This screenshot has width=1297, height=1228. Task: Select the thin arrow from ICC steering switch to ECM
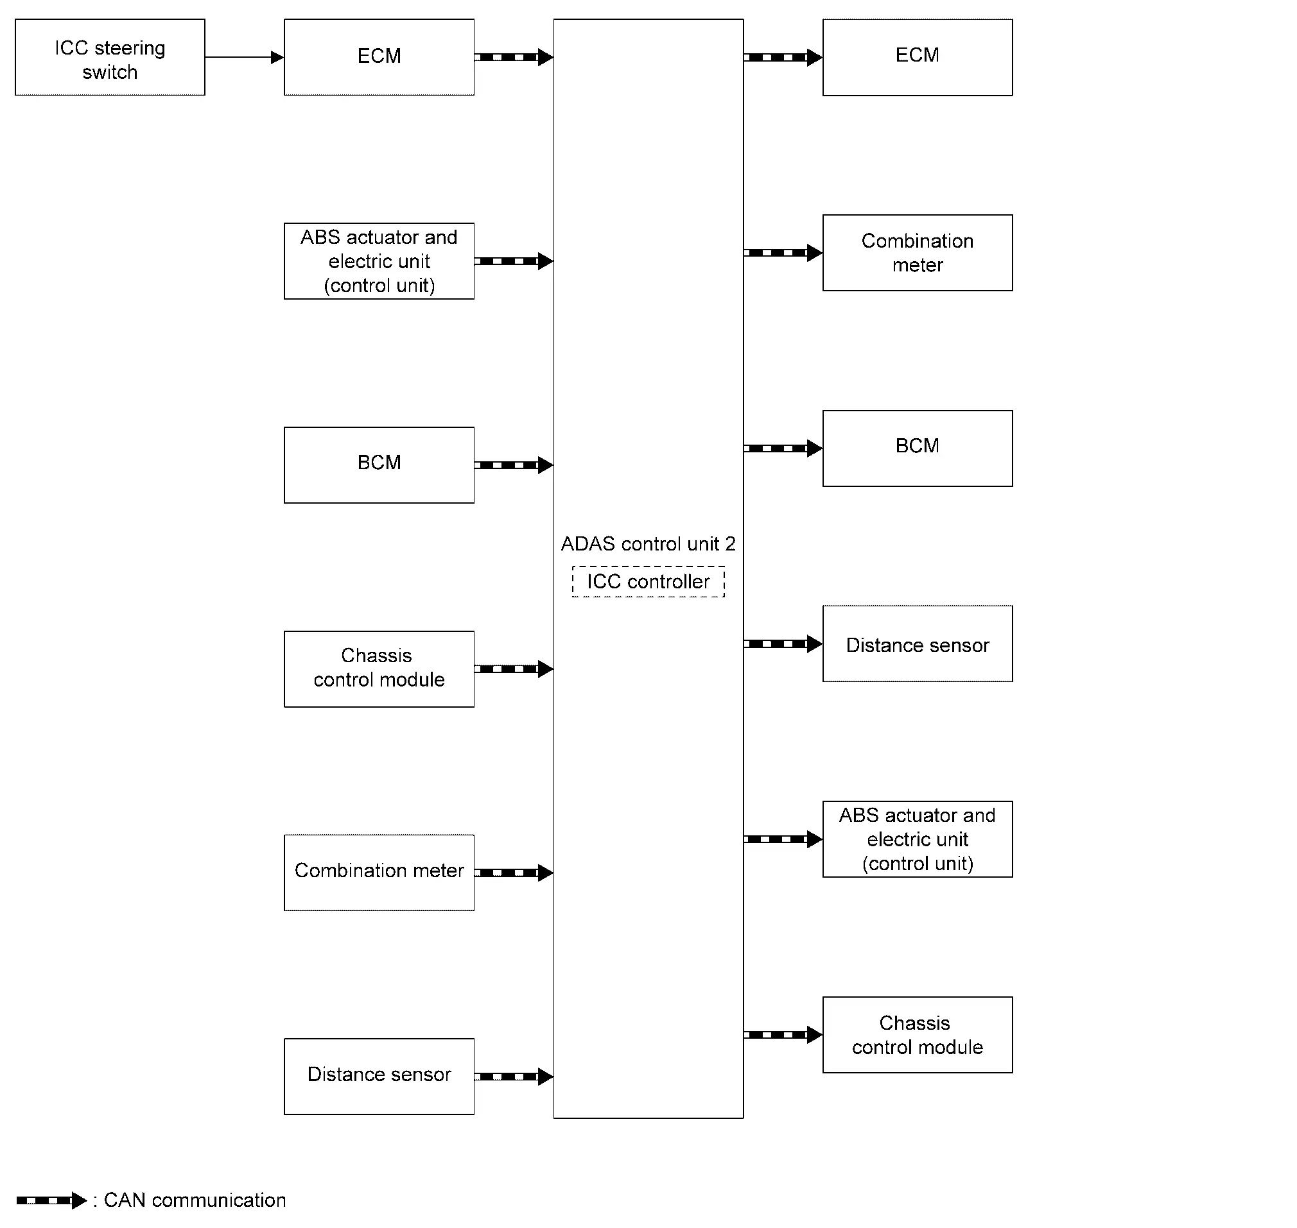[245, 57]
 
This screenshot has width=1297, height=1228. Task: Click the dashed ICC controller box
[648, 567]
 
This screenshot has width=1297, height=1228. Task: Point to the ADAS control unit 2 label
[648, 544]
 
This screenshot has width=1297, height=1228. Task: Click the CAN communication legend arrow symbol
[51, 1200]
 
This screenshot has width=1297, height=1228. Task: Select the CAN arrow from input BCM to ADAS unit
[514, 465]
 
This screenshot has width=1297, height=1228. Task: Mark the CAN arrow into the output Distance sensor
[783, 644]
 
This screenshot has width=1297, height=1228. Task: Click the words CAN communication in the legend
[195, 1200]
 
